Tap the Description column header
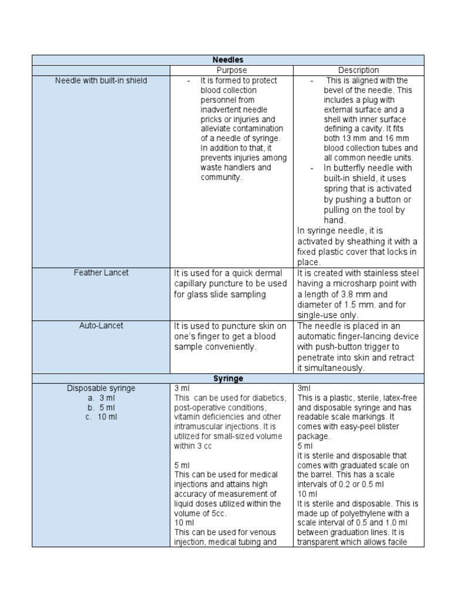(x=358, y=71)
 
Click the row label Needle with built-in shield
(x=101, y=81)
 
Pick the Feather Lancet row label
(x=101, y=273)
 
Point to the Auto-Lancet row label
(x=101, y=326)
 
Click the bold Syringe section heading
(x=228, y=379)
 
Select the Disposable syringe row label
(x=101, y=388)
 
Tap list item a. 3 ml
(x=102, y=398)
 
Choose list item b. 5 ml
(x=102, y=407)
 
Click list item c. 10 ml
(x=102, y=417)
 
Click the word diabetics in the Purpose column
(x=267, y=398)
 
